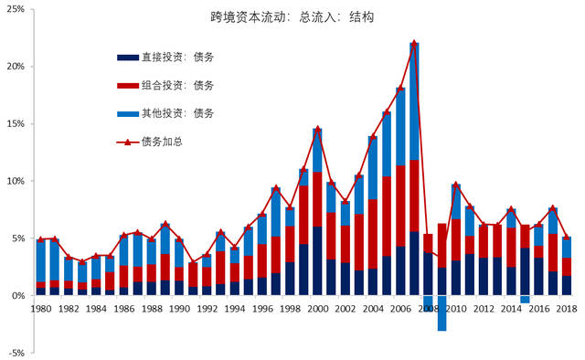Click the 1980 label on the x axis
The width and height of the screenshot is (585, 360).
click(40, 311)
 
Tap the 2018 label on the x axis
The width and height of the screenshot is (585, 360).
click(567, 311)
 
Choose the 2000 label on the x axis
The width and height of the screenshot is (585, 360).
click(317, 311)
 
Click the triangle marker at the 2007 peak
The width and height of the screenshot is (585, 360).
click(414, 43)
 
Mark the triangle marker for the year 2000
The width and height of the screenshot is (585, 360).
click(317, 129)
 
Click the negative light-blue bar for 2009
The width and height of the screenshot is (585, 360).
click(441, 313)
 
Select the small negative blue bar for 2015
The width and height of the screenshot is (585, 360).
click(525, 299)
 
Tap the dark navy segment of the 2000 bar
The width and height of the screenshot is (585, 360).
click(317, 261)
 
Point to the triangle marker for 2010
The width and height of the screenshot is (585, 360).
click(455, 185)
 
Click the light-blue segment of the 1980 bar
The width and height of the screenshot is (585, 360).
click(40, 261)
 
